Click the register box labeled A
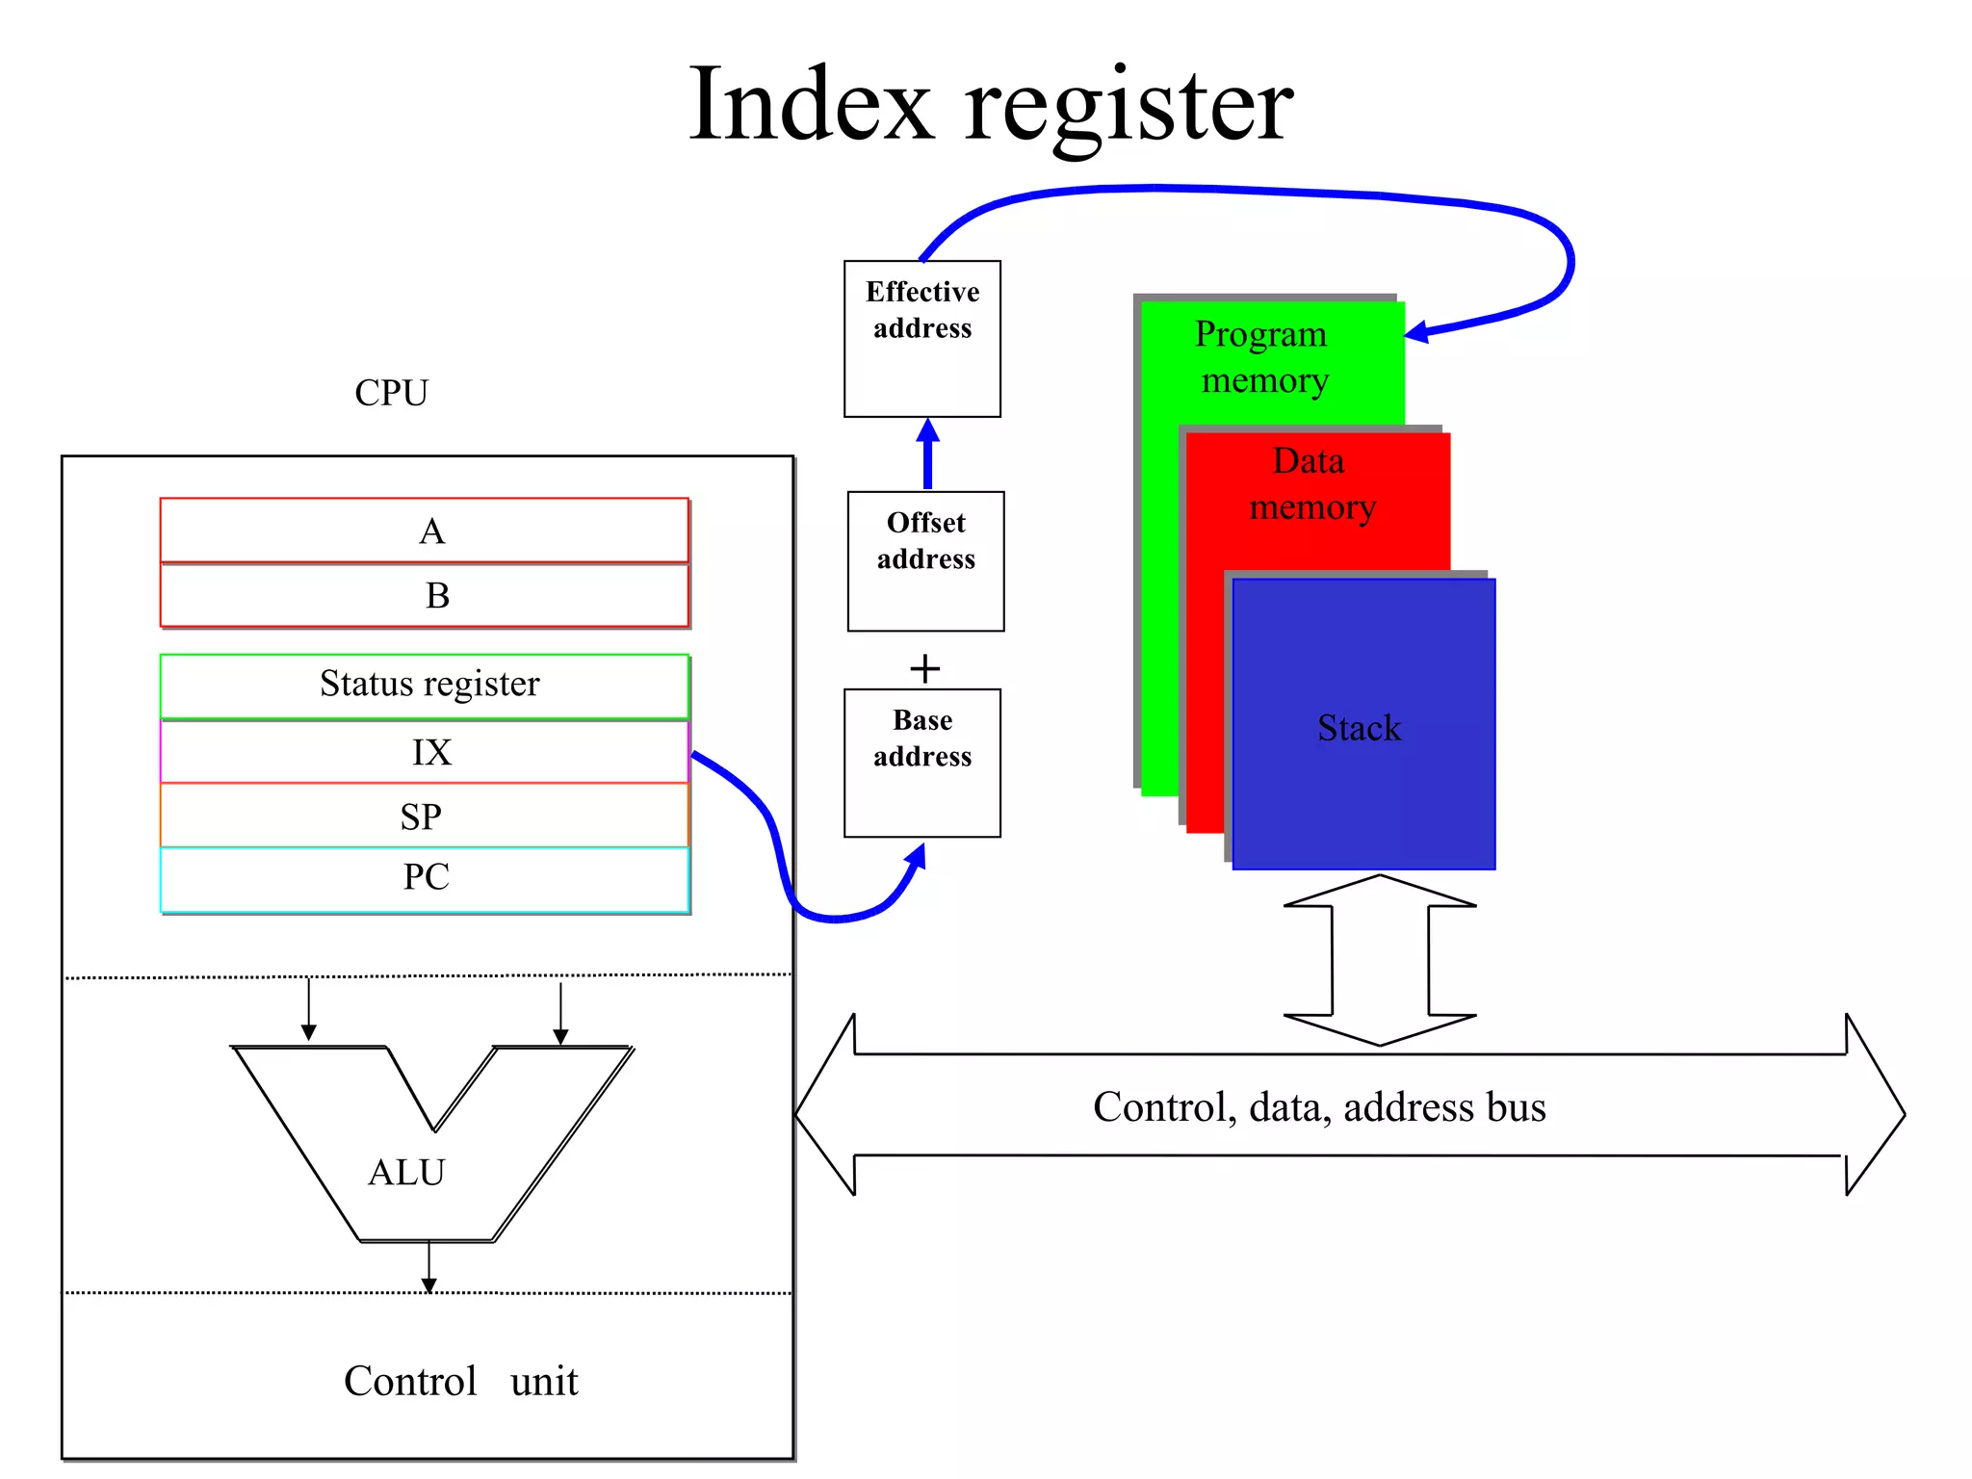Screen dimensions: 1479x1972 (x=424, y=531)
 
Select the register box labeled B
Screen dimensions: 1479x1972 (x=424, y=595)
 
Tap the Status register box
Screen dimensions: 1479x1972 (x=424, y=685)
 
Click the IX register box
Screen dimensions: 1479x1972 (x=424, y=752)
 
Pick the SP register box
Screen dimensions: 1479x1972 (x=424, y=817)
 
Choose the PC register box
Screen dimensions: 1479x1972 (x=424, y=877)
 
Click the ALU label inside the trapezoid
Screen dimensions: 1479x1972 (x=406, y=1173)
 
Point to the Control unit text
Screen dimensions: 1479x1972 (x=460, y=1381)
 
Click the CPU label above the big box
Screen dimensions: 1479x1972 (x=391, y=393)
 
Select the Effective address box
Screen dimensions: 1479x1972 (x=921, y=339)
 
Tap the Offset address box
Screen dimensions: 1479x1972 (x=925, y=561)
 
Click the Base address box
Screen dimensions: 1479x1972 (x=921, y=763)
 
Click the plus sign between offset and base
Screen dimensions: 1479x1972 (x=924, y=668)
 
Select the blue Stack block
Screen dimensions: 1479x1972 (x=1362, y=727)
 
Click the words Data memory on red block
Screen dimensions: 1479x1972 (x=1311, y=484)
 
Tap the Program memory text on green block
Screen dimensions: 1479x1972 (x=1263, y=357)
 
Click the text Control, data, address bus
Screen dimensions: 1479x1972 (x=1319, y=1107)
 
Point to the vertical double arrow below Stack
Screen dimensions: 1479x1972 (x=1380, y=960)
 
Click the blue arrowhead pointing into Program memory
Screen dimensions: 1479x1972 (x=1416, y=333)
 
